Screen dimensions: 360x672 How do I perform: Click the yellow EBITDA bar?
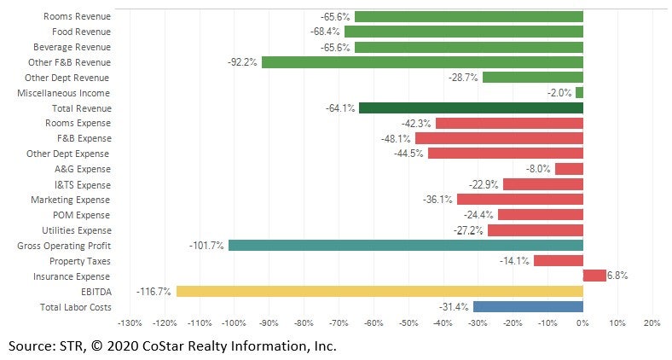click(x=379, y=291)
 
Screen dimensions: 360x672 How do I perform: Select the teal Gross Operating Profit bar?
click(x=405, y=246)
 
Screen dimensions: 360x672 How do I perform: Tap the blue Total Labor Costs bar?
click(x=528, y=306)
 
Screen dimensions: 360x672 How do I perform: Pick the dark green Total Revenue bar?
click(x=471, y=108)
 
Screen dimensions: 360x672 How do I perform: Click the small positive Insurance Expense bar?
click(x=594, y=276)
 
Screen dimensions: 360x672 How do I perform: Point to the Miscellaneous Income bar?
click(x=579, y=93)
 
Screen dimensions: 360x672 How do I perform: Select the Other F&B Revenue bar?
click(x=422, y=62)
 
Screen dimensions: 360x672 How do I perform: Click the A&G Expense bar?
click(x=569, y=169)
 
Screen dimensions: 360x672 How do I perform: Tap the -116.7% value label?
click(x=154, y=292)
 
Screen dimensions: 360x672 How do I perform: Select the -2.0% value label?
click(x=559, y=93)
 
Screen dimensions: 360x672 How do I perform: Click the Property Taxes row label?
click(x=79, y=261)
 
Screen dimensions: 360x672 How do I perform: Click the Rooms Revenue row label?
click(x=77, y=16)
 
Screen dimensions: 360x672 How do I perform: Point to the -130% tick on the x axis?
click(x=129, y=323)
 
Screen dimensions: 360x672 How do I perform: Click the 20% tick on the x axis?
click(x=652, y=323)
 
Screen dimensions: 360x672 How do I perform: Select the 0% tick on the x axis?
click(x=582, y=323)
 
